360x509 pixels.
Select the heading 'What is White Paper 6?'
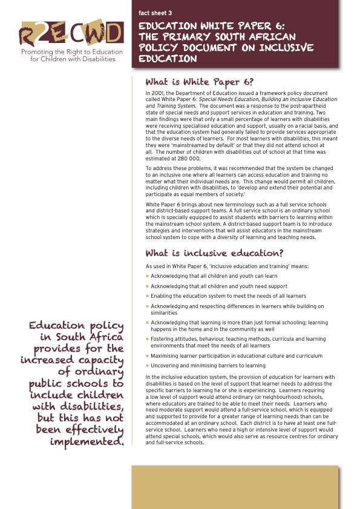click(x=200, y=82)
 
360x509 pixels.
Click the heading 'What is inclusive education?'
click(x=215, y=253)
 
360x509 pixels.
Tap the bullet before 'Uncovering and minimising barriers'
click(x=148, y=366)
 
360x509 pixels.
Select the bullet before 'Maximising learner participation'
click(x=148, y=356)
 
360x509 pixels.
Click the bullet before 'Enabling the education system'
click(x=148, y=296)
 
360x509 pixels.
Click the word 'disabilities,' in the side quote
click(x=85, y=406)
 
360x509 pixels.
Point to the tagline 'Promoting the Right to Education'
click(x=71, y=52)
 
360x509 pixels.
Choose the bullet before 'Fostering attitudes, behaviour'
click(x=148, y=339)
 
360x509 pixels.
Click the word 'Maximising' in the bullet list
click(x=165, y=356)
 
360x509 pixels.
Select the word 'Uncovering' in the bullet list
click(x=165, y=366)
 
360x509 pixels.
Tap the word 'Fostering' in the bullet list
click(x=163, y=339)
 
